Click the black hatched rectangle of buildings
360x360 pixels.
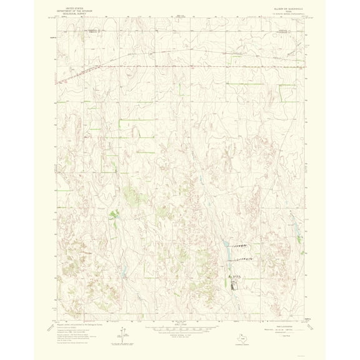234,286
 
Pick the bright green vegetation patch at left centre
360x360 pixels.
114,215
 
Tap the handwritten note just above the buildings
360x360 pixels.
234,276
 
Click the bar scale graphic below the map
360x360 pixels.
180,329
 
